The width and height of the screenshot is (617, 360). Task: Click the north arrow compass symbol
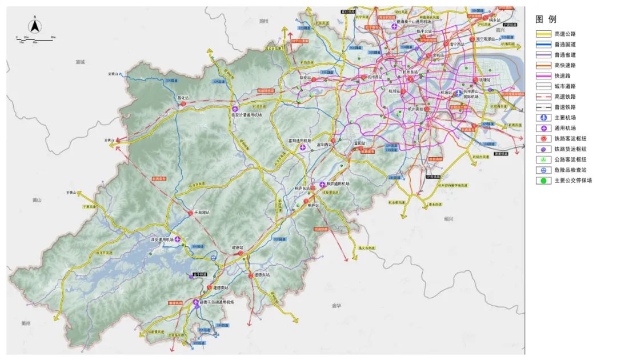pos(34,25)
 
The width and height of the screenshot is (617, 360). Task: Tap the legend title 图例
pos(546,19)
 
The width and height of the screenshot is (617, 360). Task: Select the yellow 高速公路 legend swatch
pos(543,34)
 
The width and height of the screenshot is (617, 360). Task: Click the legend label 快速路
pos(562,75)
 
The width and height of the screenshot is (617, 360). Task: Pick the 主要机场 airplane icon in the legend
pos(543,118)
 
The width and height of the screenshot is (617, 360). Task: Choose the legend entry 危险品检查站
pos(570,170)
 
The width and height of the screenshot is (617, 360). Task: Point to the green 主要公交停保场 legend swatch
pos(543,181)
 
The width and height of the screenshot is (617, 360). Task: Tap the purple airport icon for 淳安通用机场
pos(178,239)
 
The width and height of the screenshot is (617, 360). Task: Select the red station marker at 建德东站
pos(251,276)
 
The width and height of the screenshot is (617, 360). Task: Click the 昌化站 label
pos(183,97)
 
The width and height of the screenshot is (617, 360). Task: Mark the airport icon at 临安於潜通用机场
pos(235,109)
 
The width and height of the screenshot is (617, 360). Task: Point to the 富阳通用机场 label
pos(301,141)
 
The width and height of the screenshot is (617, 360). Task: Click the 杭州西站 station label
pos(375,76)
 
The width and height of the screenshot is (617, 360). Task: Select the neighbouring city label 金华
pos(336,306)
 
